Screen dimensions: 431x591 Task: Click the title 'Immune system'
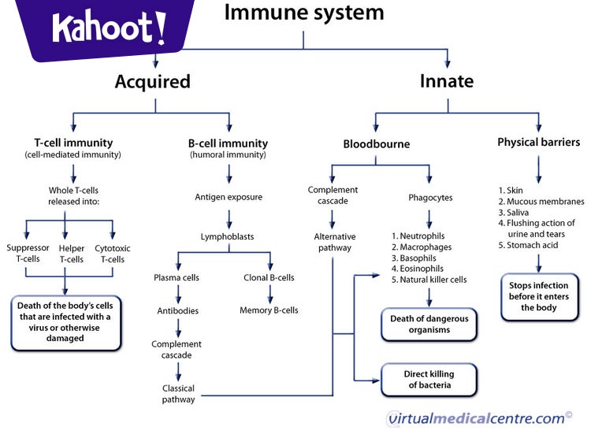tap(304, 13)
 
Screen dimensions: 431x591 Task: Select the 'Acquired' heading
tap(152, 81)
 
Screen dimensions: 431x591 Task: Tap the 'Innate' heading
tap(446, 81)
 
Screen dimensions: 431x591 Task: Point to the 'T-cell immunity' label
tap(72, 143)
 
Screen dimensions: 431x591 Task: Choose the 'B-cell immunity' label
tap(229, 143)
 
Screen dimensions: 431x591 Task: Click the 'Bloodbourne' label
tap(377, 144)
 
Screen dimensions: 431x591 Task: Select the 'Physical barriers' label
tap(538, 143)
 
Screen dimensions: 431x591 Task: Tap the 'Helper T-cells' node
tap(72, 254)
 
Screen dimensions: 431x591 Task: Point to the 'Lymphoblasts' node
tap(228, 236)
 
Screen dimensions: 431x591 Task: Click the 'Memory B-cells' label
tap(269, 310)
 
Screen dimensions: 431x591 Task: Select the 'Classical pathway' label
tap(178, 394)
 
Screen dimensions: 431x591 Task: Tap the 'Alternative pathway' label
tap(335, 242)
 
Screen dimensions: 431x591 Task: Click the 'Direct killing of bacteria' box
tap(429, 379)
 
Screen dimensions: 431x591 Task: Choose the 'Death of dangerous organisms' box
tap(430, 325)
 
